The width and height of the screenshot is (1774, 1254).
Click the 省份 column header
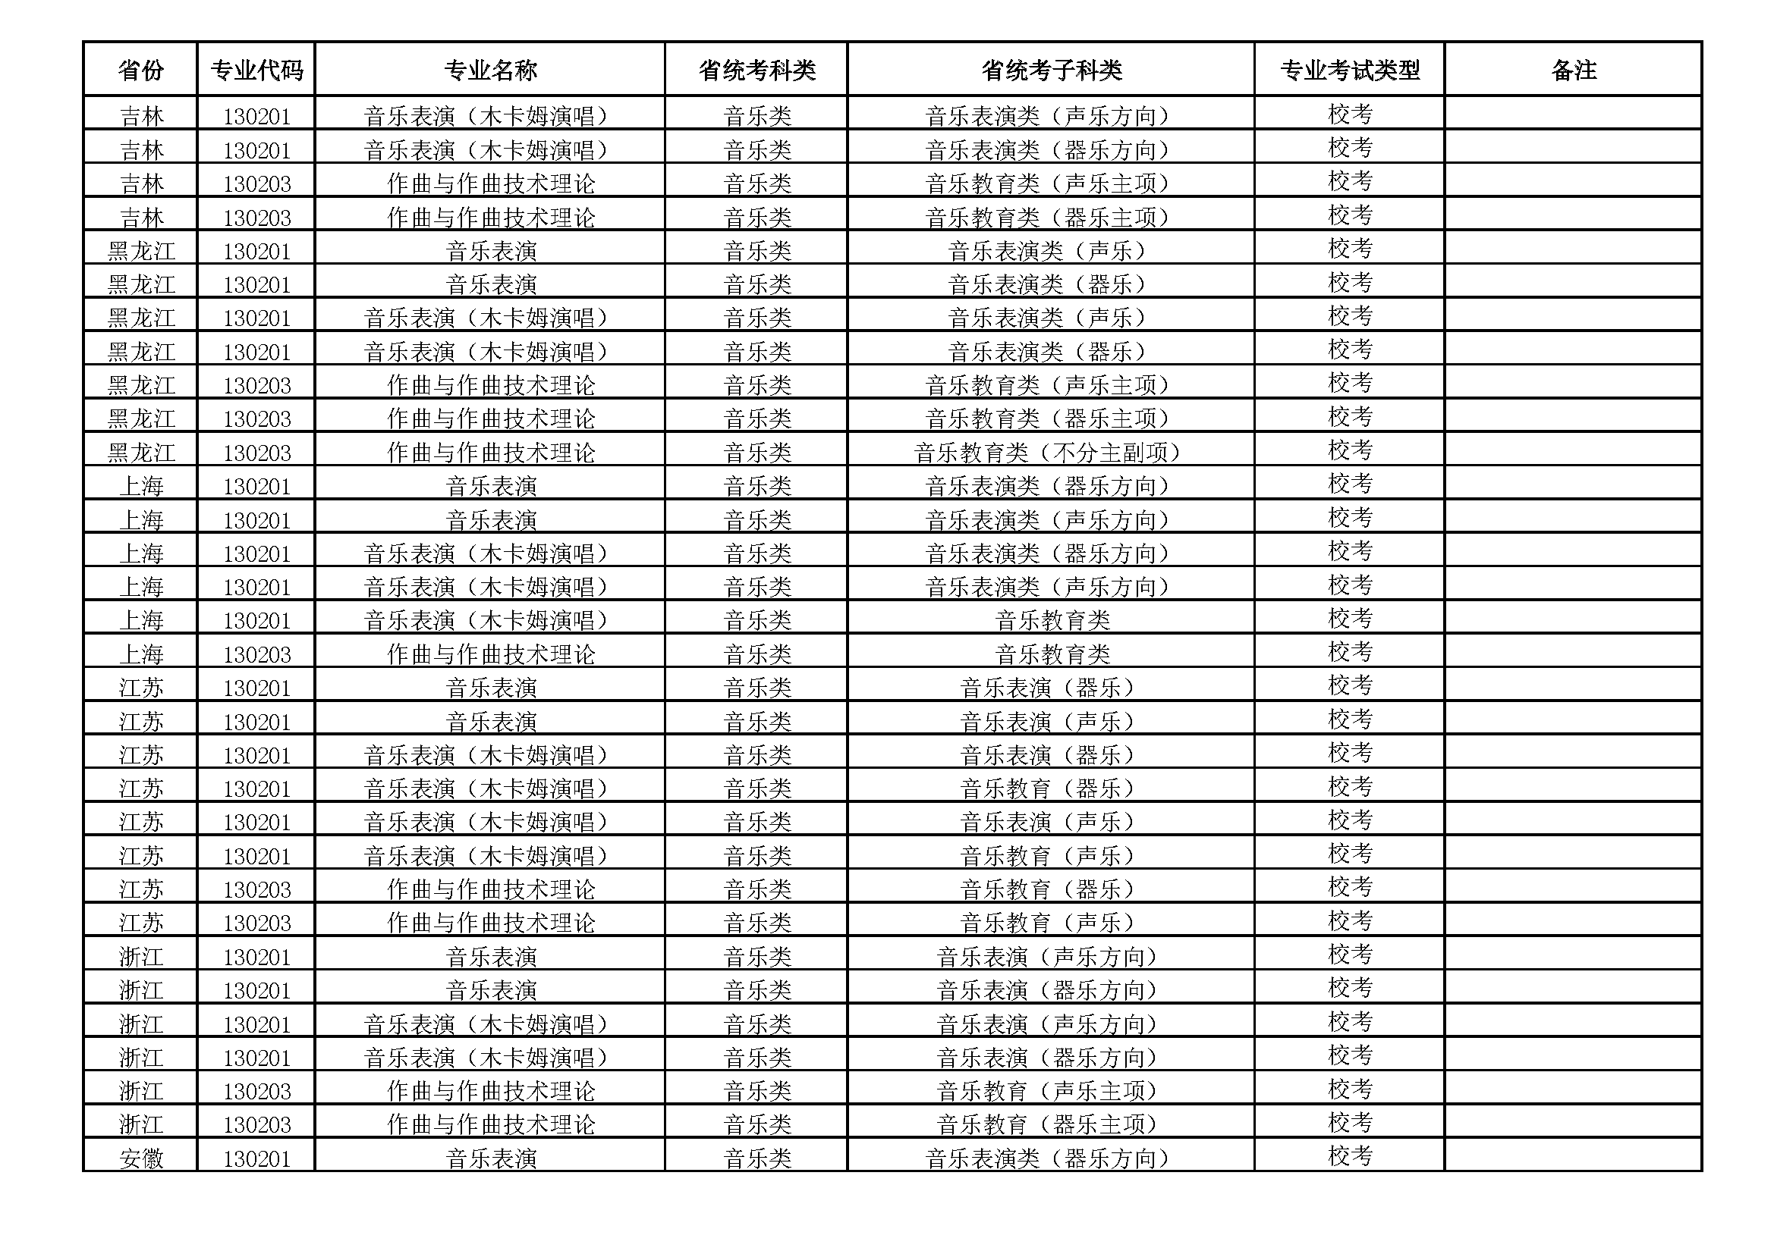coord(140,71)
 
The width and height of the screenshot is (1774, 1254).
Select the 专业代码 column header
coord(256,71)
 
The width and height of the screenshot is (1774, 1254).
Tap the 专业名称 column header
coord(490,71)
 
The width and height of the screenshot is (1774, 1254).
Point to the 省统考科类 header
coord(756,71)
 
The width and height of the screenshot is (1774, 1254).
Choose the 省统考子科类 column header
coord(1051,71)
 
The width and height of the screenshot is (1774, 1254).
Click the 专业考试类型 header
coord(1349,71)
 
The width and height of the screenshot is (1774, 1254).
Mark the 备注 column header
coord(1573,71)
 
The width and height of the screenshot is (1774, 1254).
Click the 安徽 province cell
coord(140,1158)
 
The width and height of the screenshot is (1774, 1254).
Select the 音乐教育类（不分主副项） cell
coord(1048,453)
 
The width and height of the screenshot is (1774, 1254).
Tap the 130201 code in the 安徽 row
coord(256,1158)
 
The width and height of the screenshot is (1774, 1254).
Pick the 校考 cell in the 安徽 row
coord(1349,1156)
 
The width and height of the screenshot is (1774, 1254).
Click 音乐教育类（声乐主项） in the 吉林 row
coord(1048,183)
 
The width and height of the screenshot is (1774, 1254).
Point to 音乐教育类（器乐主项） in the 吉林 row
coord(1048,218)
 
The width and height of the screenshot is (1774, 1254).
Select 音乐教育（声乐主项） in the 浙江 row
coord(1048,1091)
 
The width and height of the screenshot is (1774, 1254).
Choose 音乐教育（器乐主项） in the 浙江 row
coord(1048,1124)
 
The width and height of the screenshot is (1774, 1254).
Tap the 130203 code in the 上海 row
coord(256,655)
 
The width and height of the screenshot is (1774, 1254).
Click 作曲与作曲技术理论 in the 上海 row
coord(490,655)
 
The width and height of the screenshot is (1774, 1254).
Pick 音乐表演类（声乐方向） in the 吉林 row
coord(1048,117)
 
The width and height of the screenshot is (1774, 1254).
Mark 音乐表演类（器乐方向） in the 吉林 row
coord(1048,150)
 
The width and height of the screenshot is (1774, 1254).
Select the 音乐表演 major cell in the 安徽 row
coord(490,1158)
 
